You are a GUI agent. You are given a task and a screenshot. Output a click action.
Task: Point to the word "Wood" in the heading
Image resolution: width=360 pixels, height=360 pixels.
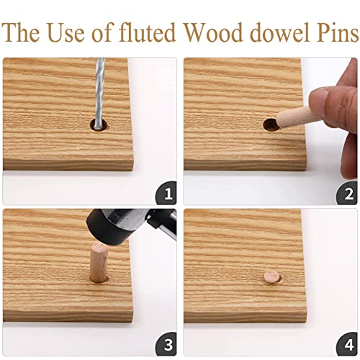click(214, 33)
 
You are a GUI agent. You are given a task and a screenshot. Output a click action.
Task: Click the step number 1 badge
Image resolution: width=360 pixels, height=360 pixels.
click(167, 194)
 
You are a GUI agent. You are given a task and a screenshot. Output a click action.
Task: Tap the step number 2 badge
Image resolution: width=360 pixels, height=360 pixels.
click(348, 194)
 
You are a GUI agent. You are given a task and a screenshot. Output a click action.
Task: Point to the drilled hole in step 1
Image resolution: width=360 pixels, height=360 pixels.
click(98, 125)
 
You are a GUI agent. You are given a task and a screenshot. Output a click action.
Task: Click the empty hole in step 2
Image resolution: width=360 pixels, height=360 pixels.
click(270, 124)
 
